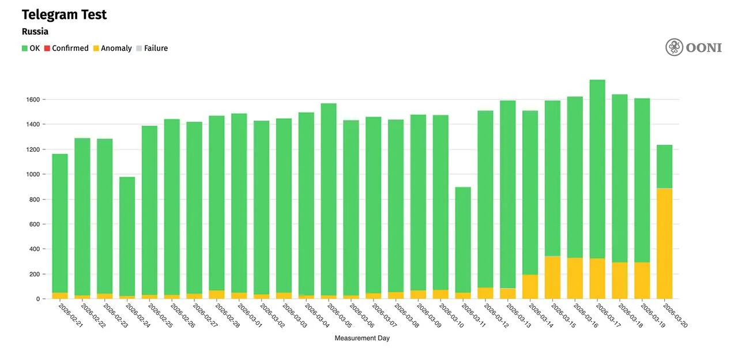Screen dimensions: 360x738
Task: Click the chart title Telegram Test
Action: pos(64,15)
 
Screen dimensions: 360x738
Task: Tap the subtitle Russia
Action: pos(35,32)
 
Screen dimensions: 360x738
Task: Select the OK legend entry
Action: pos(31,48)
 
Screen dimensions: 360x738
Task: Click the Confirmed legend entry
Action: pos(66,48)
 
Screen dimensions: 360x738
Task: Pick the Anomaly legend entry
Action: pos(112,48)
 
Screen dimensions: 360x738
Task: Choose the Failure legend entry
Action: pos(152,48)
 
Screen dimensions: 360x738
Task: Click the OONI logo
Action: pos(694,47)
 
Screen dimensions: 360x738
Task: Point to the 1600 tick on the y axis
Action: pos(32,100)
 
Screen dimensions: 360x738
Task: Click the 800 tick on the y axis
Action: pos(34,200)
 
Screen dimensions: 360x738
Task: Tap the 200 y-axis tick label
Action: pos(34,274)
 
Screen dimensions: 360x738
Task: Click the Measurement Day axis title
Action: pos(362,338)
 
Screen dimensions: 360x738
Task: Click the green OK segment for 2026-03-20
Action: pos(665,166)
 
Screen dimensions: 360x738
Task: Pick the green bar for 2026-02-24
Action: pos(127,237)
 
